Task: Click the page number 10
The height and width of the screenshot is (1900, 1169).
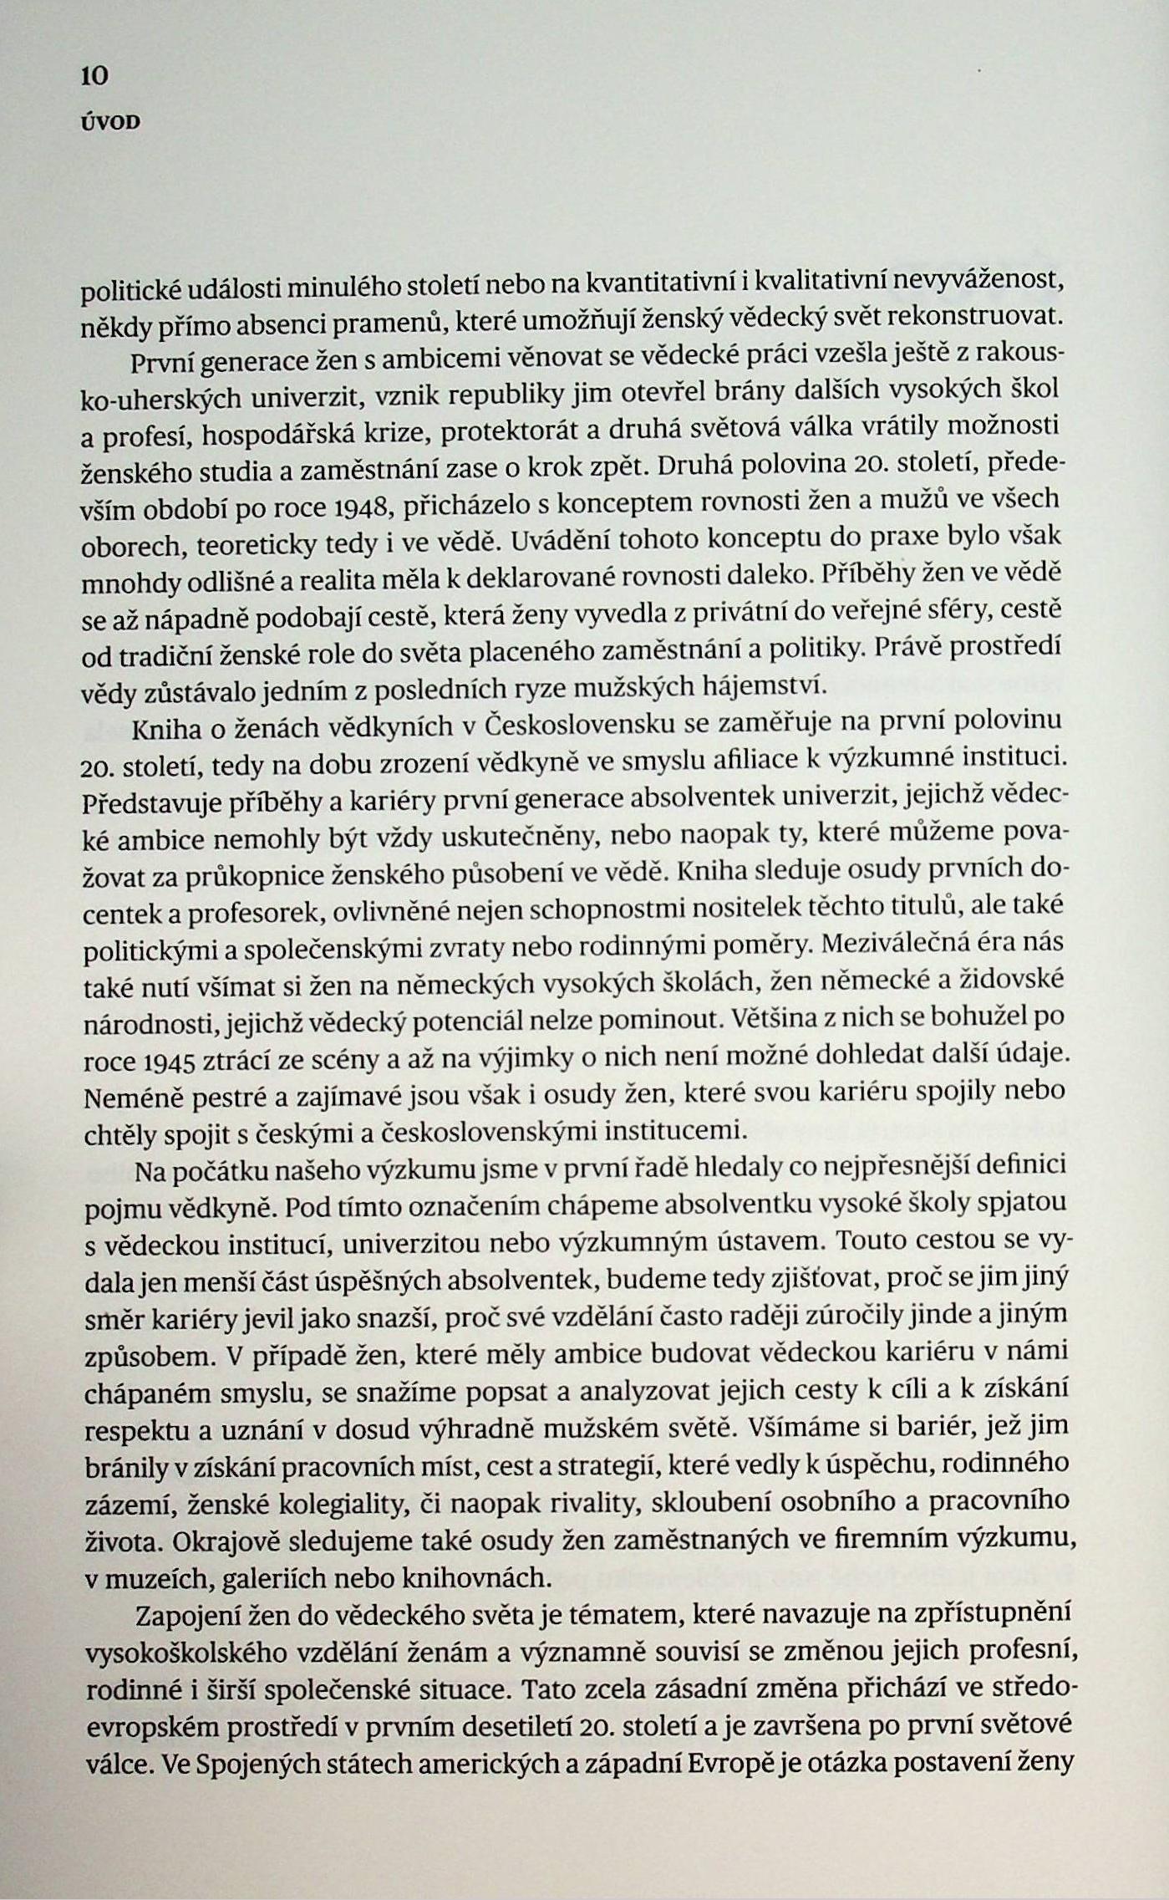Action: coord(95,77)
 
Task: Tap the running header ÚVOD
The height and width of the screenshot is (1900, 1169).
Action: coord(109,123)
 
